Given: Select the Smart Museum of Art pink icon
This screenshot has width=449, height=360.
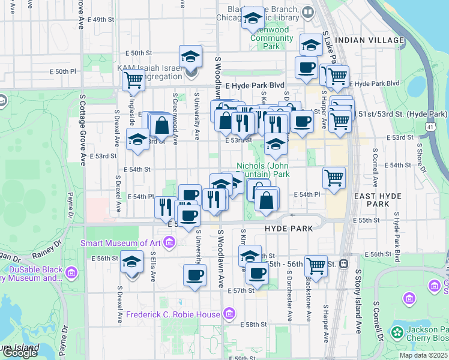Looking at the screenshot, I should point(169,243).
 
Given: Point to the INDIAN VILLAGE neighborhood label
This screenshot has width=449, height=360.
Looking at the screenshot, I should point(370,40).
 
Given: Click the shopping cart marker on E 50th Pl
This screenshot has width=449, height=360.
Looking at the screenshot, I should point(133,79).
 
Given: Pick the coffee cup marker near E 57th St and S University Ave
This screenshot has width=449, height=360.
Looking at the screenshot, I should point(194,275).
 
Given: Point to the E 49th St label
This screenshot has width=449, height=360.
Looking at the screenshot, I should point(100,20).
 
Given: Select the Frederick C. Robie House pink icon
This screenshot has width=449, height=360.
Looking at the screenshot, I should point(228,314).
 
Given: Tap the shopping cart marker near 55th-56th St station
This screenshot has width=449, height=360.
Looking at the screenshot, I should point(316,265).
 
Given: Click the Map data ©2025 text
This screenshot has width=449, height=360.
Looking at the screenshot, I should point(423,355).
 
